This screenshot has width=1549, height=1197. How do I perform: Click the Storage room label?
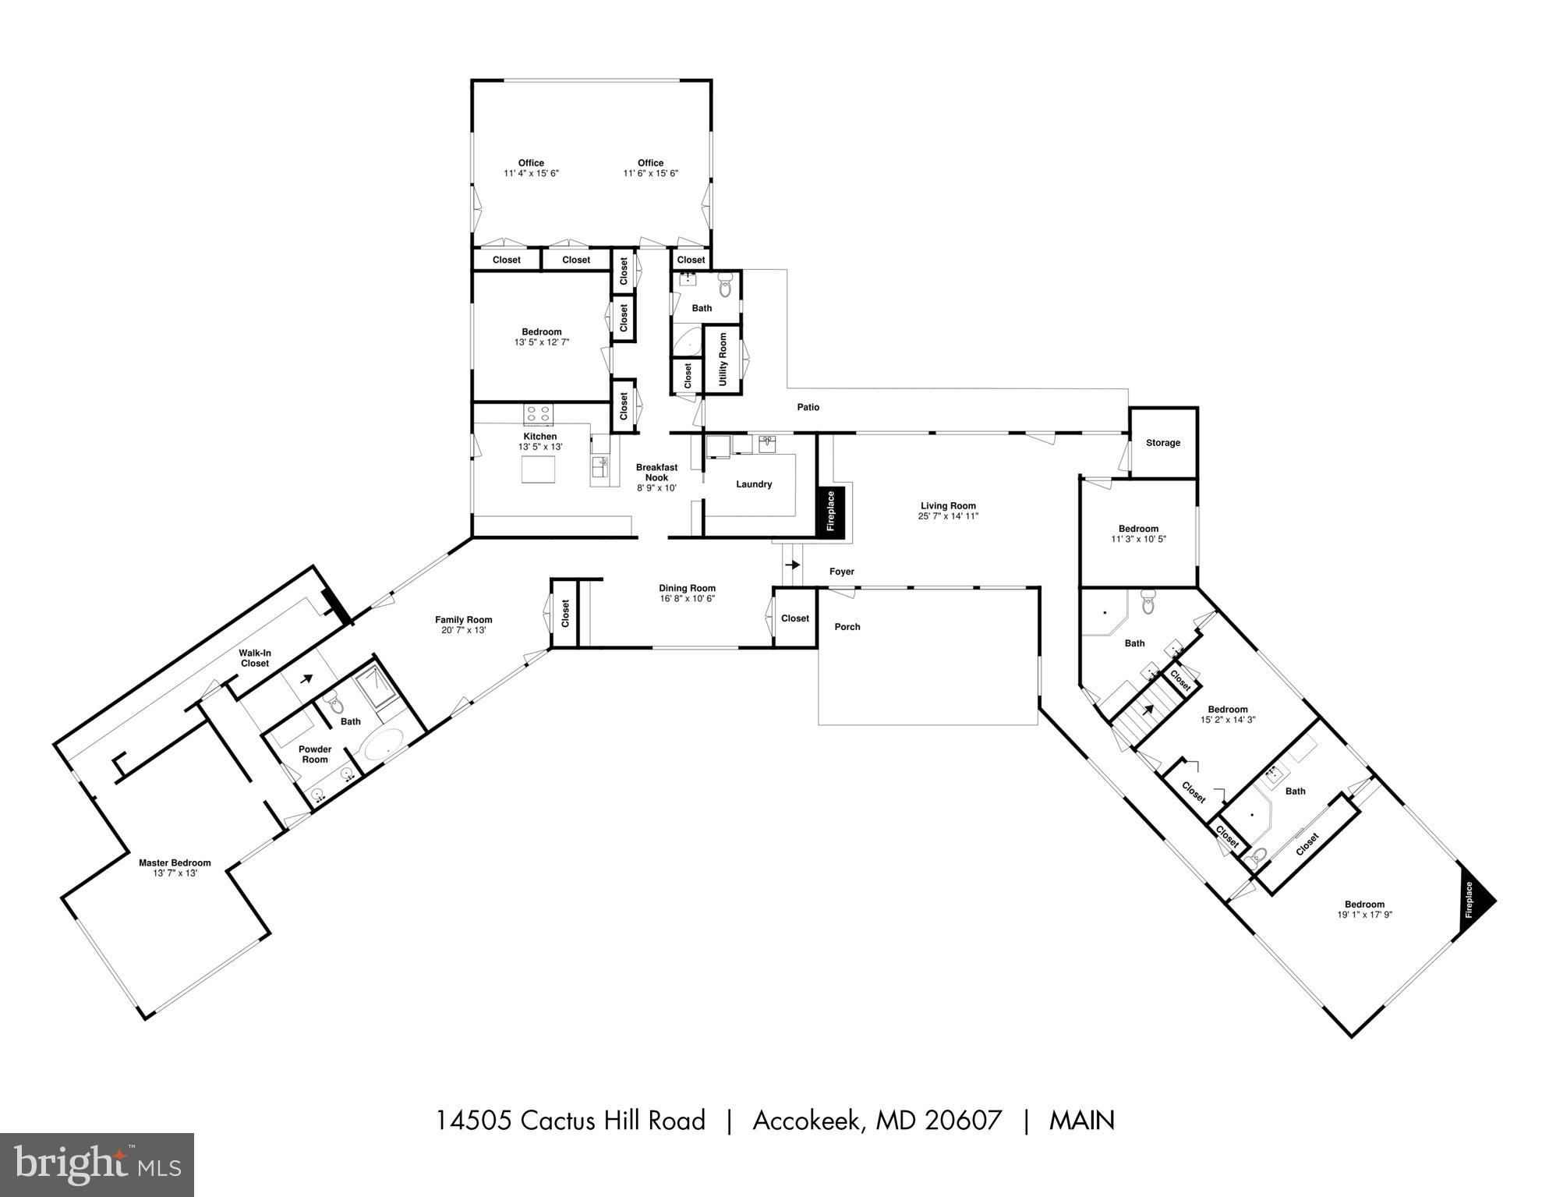[x=1162, y=443]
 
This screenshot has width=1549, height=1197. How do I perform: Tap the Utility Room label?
[x=723, y=359]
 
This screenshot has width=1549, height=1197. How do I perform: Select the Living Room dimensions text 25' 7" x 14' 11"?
[x=948, y=516]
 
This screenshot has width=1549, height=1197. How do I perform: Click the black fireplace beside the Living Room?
[x=830, y=511]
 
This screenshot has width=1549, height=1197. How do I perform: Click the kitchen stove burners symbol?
[x=538, y=413]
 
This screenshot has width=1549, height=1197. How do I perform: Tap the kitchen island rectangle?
[x=538, y=469]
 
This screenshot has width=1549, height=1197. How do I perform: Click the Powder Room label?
[x=315, y=754]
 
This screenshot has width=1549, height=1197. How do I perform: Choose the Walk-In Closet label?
[x=255, y=658]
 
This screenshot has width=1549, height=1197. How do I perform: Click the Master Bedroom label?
[x=175, y=862]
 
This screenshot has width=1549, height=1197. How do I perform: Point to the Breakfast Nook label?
[x=656, y=473]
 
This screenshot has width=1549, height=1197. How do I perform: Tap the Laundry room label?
[x=754, y=484]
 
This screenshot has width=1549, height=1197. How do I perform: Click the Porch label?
[x=847, y=627]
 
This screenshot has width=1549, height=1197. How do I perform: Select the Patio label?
[x=808, y=407]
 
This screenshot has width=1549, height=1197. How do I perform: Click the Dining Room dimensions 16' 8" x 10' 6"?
[x=687, y=599]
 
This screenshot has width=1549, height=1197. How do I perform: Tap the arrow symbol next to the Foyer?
[x=792, y=565]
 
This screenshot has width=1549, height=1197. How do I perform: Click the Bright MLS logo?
[x=97, y=1163]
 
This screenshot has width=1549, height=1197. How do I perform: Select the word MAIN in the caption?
[x=1082, y=1121]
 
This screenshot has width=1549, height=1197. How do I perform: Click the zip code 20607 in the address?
[x=963, y=1121]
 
